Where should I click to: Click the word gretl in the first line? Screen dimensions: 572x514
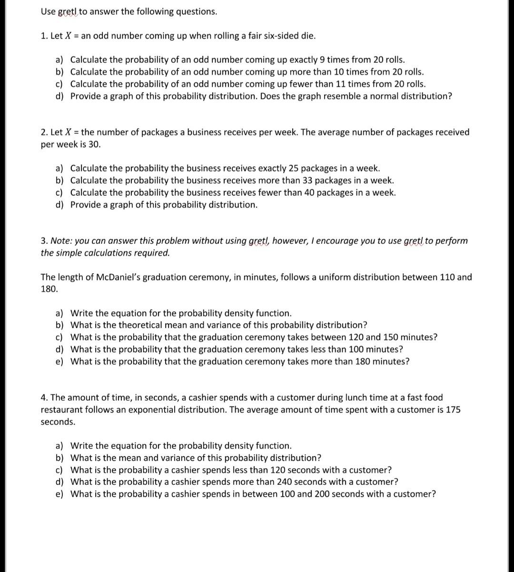coord(68,12)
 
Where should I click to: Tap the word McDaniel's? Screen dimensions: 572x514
coord(109,277)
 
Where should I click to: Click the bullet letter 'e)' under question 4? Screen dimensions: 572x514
coord(60,494)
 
